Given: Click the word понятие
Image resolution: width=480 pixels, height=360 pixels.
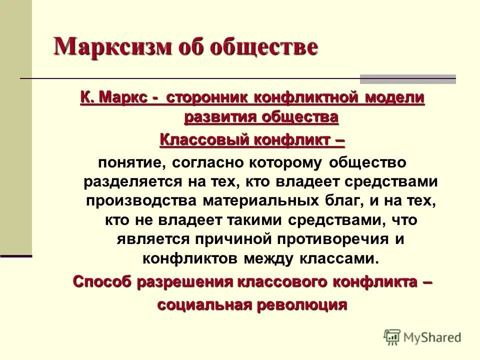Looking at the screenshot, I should pyautogui.click(x=129, y=162).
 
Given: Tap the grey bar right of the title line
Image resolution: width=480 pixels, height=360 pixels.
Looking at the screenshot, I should pyautogui.click(x=408, y=78).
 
